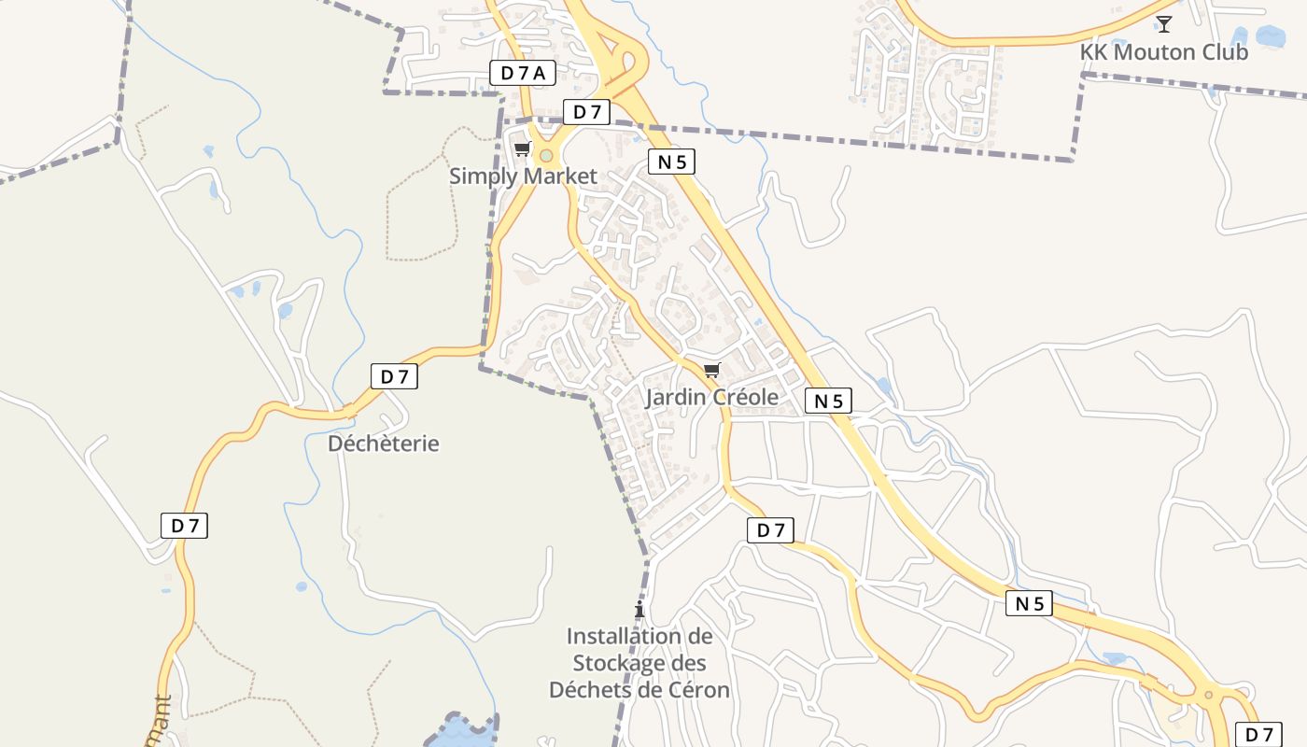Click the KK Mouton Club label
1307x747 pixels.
pos(1163,52)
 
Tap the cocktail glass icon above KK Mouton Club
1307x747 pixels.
pos(1163,24)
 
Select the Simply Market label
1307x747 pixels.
pos(523,176)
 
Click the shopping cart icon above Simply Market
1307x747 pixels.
pos(523,149)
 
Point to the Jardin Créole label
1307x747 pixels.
pos(711,397)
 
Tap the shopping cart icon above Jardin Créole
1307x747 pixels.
pos(712,371)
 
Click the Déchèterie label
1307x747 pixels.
pos(383,444)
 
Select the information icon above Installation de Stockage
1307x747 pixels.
pos(639,611)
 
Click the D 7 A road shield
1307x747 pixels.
pos(523,73)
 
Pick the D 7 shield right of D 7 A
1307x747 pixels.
pos(586,112)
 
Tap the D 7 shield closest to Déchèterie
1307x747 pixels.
pos(394,376)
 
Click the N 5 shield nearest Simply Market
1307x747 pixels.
pos(671,162)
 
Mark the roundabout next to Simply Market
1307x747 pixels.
pos(546,156)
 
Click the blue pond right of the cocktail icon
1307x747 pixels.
pos(1271,36)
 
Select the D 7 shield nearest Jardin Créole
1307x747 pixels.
pos(770,530)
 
